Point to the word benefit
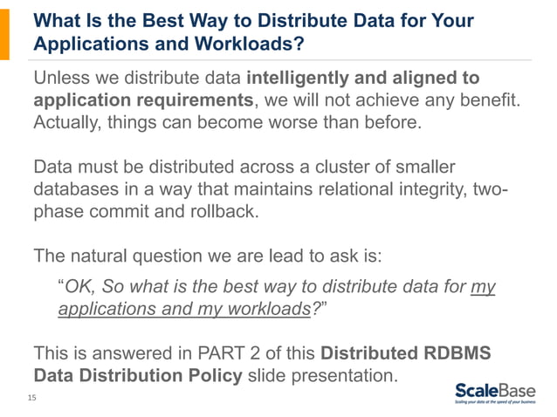(x=489, y=100)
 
